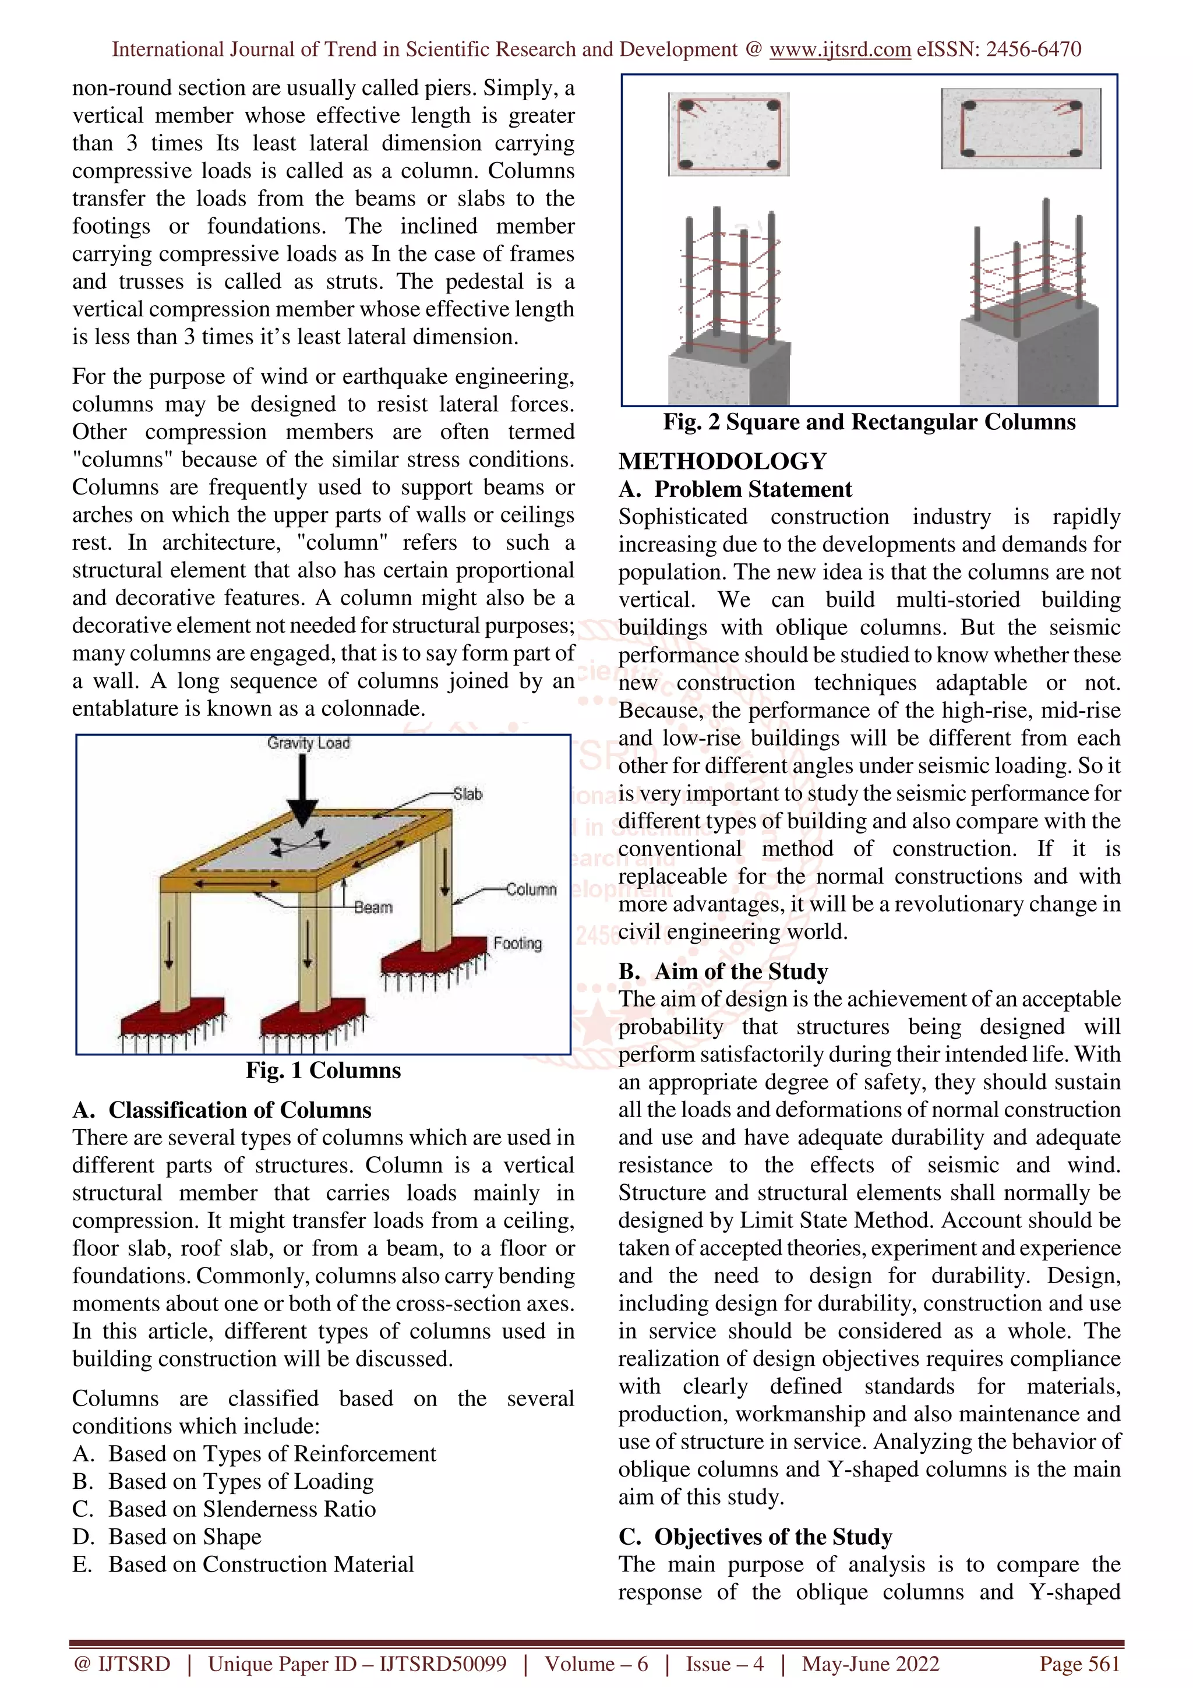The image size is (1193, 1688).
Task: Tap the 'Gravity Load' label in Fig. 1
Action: pos(308,743)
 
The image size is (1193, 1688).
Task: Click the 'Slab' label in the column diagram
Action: pos(468,794)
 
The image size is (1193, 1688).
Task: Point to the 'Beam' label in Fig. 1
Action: pos(373,907)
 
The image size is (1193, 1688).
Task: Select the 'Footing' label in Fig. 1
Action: pos(517,943)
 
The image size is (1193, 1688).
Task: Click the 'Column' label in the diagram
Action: pos(531,889)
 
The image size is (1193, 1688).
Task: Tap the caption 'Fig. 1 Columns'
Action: pos(323,1071)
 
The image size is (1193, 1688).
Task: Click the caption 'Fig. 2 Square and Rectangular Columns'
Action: pos(869,422)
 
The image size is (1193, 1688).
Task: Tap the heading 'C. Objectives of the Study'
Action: pos(756,1537)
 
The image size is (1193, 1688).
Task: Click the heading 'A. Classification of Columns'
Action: pos(222,1110)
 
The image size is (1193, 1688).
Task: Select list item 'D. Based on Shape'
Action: pos(167,1537)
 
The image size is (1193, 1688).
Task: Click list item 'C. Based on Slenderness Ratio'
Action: pos(224,1509)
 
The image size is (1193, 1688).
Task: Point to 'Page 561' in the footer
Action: pos(1079,1664)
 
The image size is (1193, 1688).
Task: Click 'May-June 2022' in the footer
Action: pos(870,1664)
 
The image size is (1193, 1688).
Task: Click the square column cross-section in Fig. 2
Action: pos(729,134)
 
